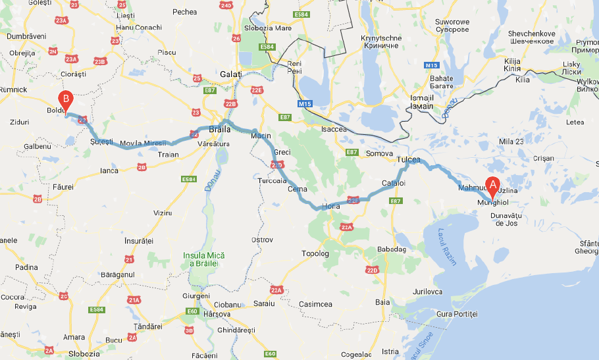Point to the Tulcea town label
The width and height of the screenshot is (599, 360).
tap(408, 160)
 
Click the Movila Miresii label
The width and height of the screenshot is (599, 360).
tap(142, 143)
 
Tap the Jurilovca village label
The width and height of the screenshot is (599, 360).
tap(425, 291)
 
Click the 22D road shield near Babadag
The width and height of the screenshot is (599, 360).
tap(373, 270)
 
